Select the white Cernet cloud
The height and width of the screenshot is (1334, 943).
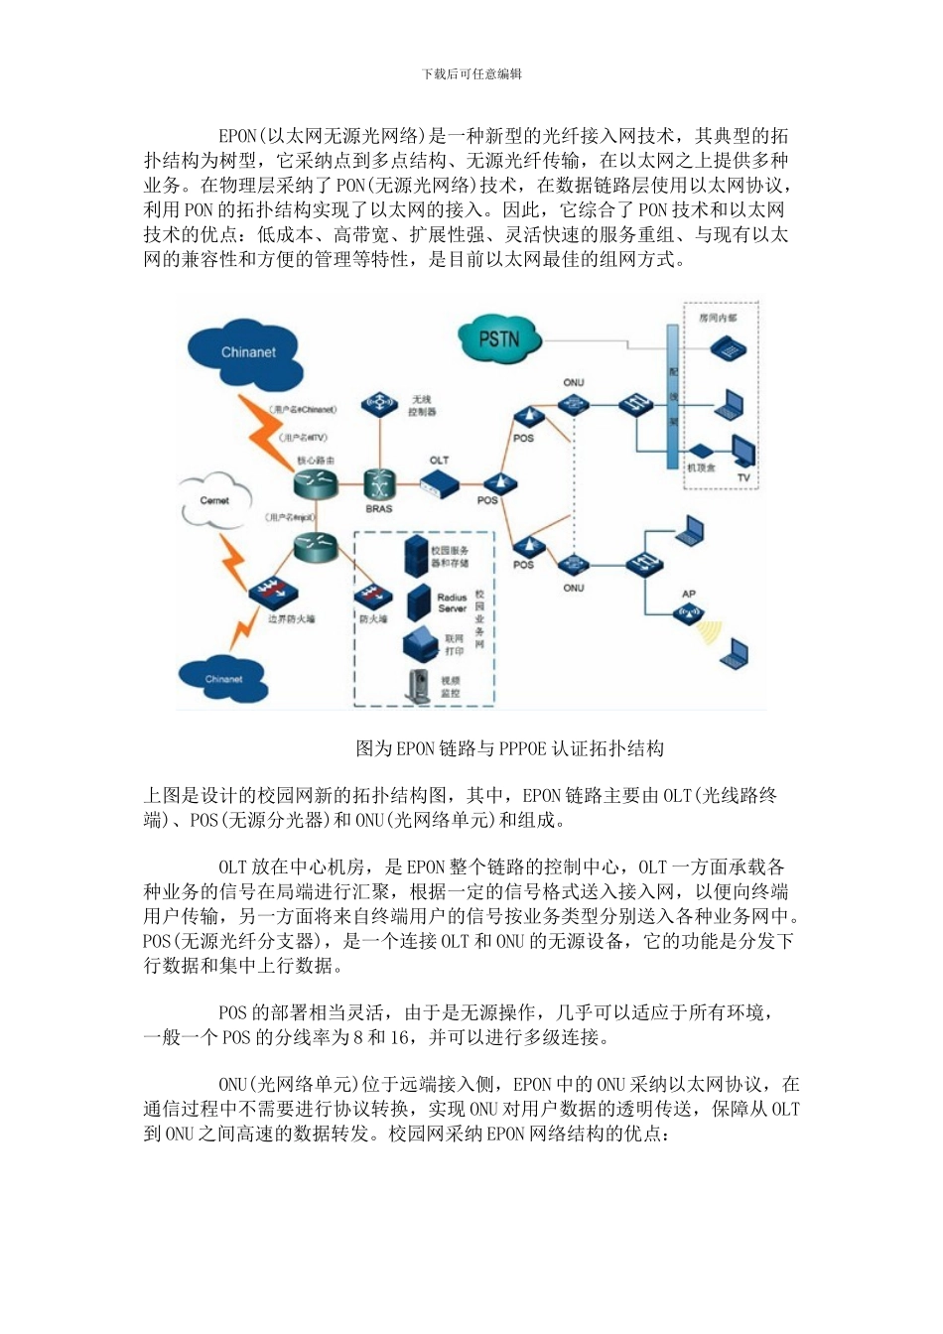point(214,500)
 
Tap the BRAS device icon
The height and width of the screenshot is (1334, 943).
point(379,485)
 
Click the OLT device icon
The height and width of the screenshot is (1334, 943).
point(439,483)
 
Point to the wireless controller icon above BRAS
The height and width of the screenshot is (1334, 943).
point(379,402)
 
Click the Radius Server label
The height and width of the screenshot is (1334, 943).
point(452,602)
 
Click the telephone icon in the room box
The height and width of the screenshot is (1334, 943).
point(728,347)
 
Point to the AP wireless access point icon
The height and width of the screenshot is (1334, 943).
point(689,612)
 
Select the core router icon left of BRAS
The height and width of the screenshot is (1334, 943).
point(316,484)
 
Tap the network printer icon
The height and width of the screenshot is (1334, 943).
point(421,645)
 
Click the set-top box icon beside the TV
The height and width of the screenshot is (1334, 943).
point(700,453)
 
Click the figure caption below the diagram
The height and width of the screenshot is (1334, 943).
point(510,748)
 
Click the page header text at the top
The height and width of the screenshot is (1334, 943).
point(471,73)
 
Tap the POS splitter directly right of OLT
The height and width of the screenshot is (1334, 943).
point(499,483)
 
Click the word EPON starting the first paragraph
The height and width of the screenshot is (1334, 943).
point(238,136)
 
